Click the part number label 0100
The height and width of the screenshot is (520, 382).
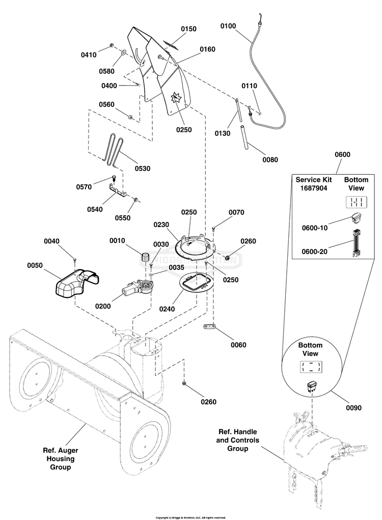point(228,25)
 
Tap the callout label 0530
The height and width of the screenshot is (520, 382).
point(142,168)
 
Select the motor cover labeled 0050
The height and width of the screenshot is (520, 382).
point(75,285)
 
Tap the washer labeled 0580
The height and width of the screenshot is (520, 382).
point(124,52)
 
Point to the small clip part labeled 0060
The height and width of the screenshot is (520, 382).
point(209,327)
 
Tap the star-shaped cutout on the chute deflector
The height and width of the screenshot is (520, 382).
point(176,96)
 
